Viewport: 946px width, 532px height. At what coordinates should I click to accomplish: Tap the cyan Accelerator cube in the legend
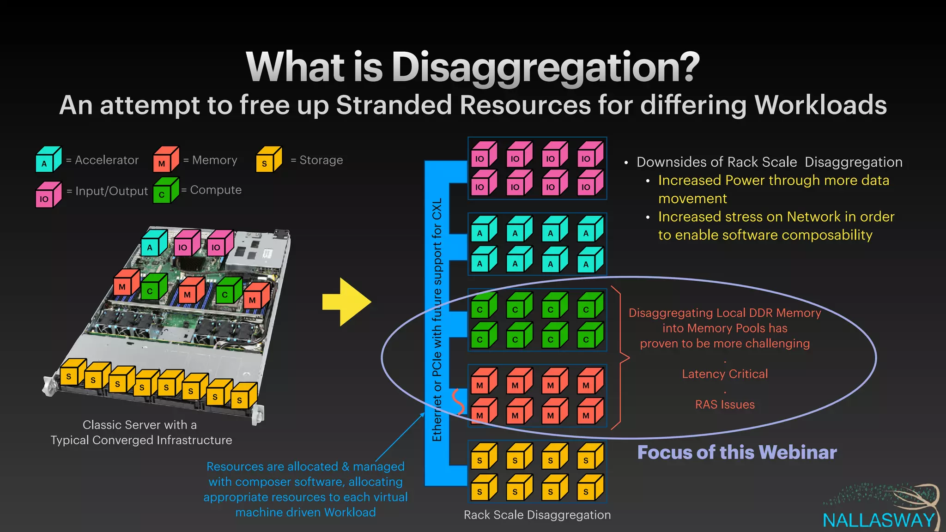[x=49, y=160]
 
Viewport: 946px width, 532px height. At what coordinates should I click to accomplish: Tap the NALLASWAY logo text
[x=879, y=520]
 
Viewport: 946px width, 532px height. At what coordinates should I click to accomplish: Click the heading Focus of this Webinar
[x=737, y=453]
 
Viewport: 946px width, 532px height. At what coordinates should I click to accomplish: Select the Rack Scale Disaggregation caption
[x=537, y=515]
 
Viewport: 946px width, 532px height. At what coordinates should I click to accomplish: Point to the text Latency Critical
[x=725, y=374]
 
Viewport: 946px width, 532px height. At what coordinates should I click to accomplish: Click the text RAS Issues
[x=725, y=405]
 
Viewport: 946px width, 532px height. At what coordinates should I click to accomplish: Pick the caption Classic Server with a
[x=139, y=425]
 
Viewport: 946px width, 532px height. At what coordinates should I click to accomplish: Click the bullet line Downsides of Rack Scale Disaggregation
[x=769, y=162]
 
